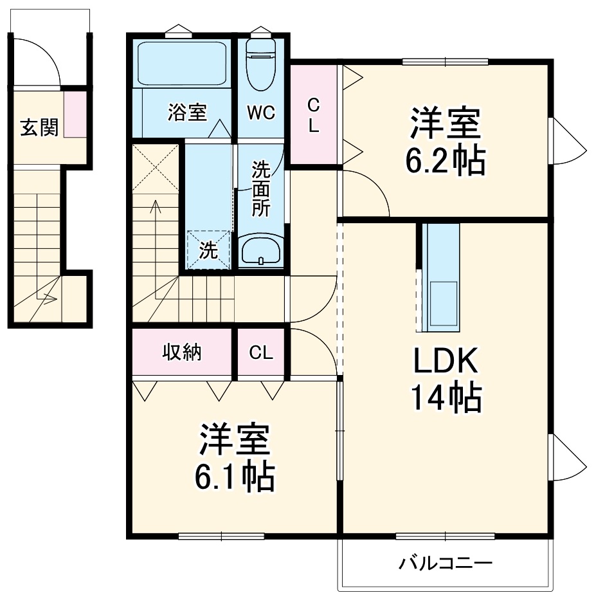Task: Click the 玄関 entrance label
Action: [x=39, y=128]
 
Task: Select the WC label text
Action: [x=261, y=112]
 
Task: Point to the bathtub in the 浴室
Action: [x=183, y=64]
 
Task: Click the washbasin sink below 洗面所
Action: [x=260, y=250]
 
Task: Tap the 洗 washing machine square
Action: [x=208, y=250]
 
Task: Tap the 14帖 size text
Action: [x=445, y=399]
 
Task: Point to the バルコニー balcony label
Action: [x=446, y=564]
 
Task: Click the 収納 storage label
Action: [x=182, y=352]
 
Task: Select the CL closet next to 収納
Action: [x=261, y=352]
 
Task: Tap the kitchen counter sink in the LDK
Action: [x=442, y=302]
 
